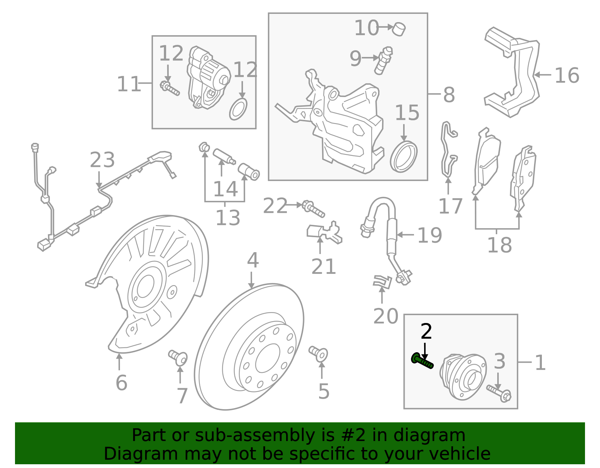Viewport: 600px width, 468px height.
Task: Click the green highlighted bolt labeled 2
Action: (x=422, y=360)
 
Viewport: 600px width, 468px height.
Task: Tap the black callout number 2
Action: (x=426, y=332)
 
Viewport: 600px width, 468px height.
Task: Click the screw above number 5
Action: (x=318, y=353)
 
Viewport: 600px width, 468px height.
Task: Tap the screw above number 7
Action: (x=178, y=357)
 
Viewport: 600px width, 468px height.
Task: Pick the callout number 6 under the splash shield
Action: (x=121, y=383)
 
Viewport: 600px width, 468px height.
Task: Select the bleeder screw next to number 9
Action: (x=383, y=60)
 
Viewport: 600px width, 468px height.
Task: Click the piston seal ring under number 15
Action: (x=403, y=157)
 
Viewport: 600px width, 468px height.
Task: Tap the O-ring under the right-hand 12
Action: (x=238, y=109)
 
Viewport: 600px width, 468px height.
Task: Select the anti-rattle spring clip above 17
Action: (x=448, y=150)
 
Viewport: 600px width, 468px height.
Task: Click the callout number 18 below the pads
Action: (x=499, y=245)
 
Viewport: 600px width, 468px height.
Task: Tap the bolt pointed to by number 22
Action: (x=313, y=208)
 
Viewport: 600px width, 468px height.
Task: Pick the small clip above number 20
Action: (x=382, y=281)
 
